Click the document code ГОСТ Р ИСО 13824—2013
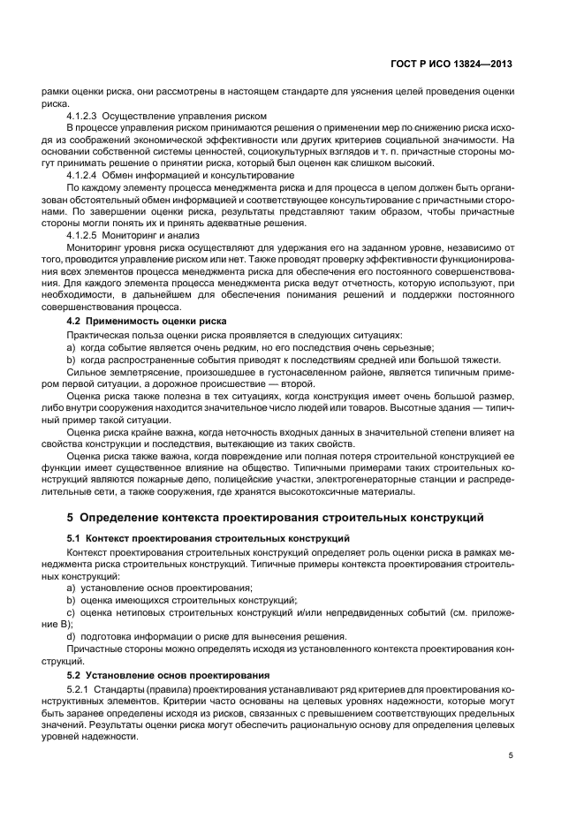[452, 64]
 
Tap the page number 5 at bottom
[511, 755]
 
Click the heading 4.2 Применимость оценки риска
[147, 321]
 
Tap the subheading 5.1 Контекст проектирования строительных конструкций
[209, 537]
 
